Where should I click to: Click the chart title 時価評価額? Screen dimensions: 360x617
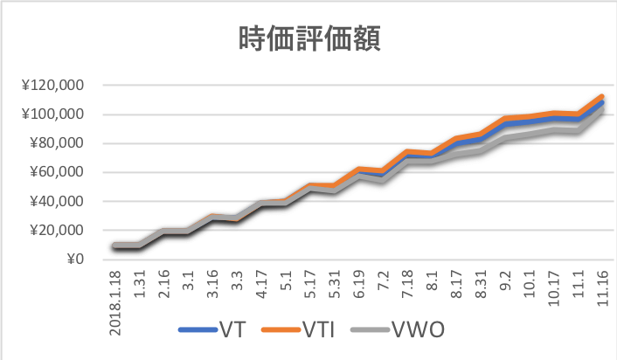pos(308,38)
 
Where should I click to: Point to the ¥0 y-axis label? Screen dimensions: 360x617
pos(76,259)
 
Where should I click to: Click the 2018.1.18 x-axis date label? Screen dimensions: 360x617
pos(116,294)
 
